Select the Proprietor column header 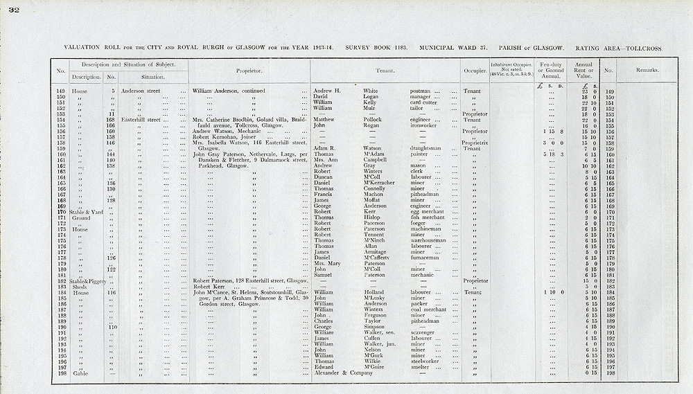[x=247, y=71]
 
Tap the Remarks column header [x=647, y=71]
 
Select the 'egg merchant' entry [x=428, y=212]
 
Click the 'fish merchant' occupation [x=428, y=218]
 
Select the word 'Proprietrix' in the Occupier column [x=475, y=142]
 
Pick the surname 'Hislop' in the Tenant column [x=373, y=218]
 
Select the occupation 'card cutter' [x=424, y=102]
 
